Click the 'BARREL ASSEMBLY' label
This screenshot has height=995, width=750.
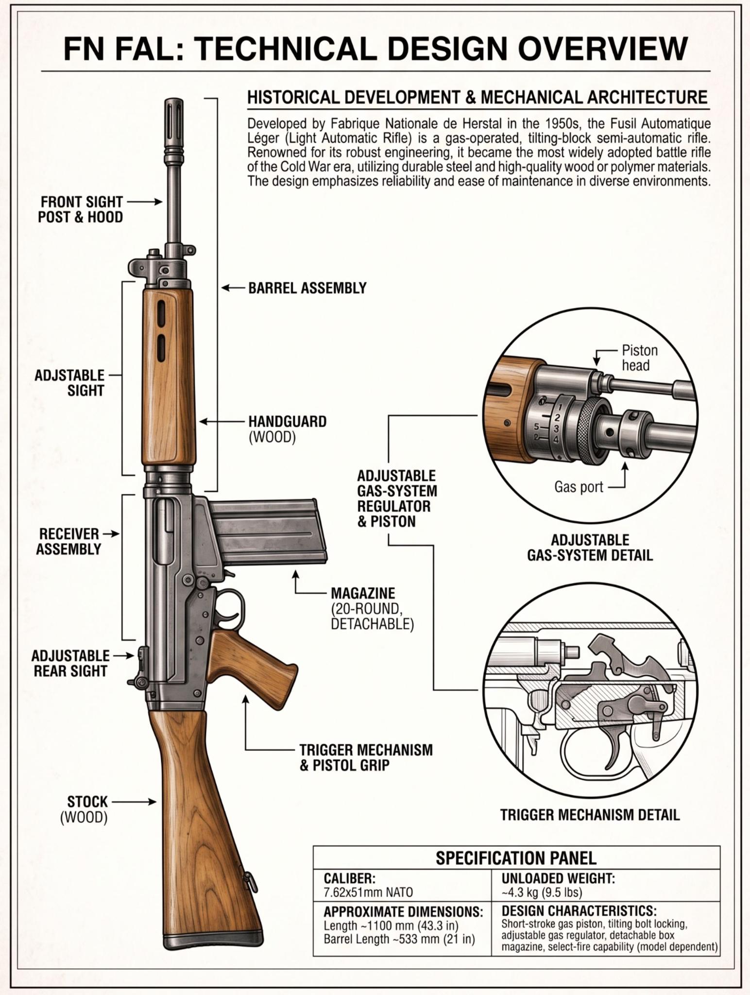point(307,288)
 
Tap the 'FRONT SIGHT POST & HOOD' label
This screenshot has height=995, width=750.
point(81,209)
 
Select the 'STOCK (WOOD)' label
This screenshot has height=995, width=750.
point(84,809)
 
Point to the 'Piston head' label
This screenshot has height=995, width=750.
point(640,358)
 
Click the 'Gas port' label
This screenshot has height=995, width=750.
point(579,486)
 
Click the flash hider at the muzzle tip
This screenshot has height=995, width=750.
point(175,121)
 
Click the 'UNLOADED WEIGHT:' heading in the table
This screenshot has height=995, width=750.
point(558,878)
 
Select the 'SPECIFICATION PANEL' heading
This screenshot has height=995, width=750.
point(516,858)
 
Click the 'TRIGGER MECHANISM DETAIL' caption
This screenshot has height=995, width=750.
point(590,815)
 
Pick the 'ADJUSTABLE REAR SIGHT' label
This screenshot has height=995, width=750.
point(70,663)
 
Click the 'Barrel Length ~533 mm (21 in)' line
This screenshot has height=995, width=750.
point(399,939)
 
